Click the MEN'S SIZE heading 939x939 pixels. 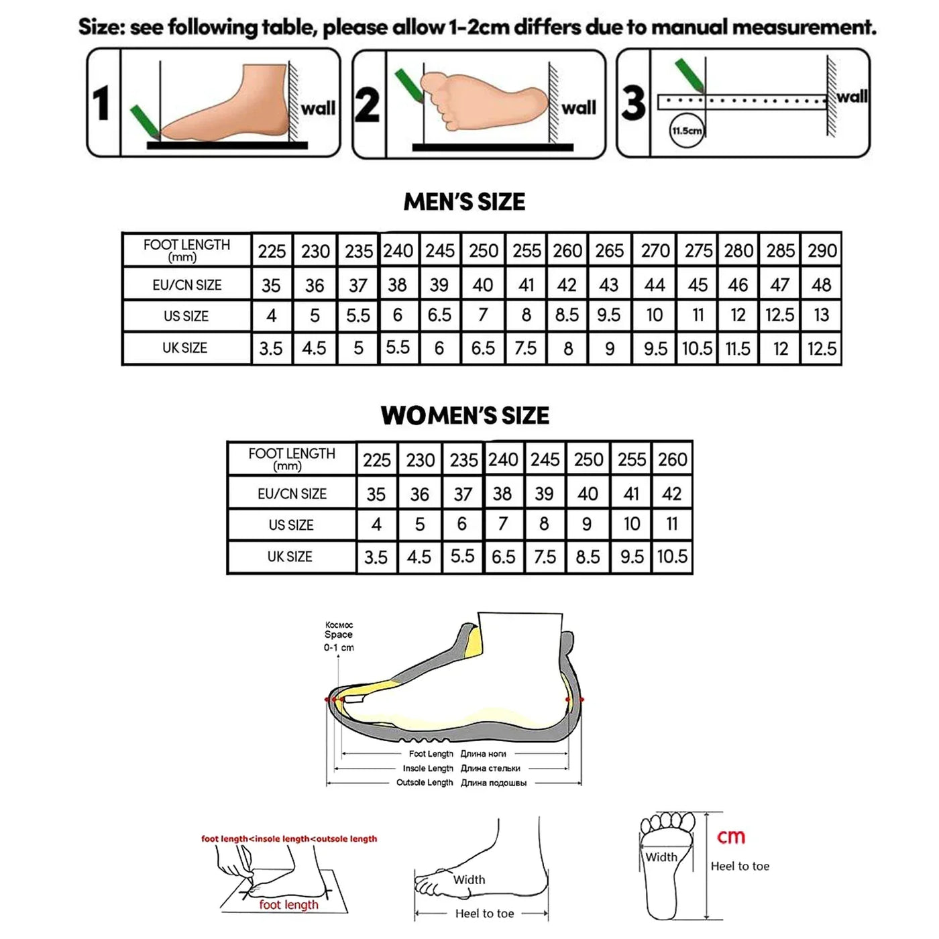click(x=464, y=202)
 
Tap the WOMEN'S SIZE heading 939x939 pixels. click(x=465, y=416)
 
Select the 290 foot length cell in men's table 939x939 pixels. click(x=822, y=251)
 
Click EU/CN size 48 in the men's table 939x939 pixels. click(x=821, y=285)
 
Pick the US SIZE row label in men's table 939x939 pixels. click(x=186, y=316)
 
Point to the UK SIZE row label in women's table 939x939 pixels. click(x=290, y=557)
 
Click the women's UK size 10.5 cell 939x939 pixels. click(x=672, y=557)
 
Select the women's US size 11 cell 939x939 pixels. click(x=672, y=524)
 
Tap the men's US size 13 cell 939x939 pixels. click(x=821, y=315)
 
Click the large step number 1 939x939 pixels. click(x=102, y=103)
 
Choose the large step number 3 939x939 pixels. click(x=633, y=103)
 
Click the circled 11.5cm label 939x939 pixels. click(x=687, y=131)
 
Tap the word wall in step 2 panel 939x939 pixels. click(x=579, y=107)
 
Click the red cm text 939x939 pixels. click(x=731, y=836)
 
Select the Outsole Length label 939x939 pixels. click(x=425, y=783)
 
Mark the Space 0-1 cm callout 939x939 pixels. click(x=339, y=636)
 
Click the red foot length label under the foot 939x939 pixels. click(x=288, y=905)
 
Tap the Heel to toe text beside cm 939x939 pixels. click(x=740, y=866)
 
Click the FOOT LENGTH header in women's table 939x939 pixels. click(x=291, y=458)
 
